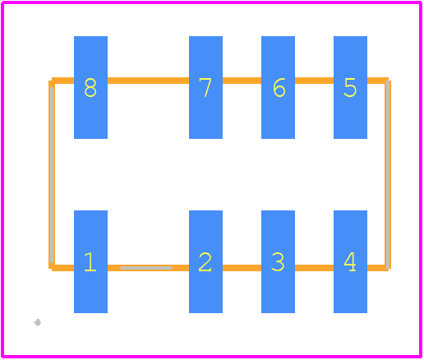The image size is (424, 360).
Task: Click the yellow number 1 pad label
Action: pos(90,262)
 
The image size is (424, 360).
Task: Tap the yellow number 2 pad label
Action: pos(205,262)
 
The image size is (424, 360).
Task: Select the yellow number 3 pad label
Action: pos(278,262)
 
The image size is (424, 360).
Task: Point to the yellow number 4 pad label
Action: pos(350,262)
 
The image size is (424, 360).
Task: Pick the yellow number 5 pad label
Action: pos(350,88)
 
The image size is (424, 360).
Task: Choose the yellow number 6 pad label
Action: pos(279,88)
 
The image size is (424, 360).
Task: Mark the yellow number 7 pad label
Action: pos(205,88)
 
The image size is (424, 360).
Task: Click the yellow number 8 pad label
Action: pos(90,88)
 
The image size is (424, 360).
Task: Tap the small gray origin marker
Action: pos(38,322)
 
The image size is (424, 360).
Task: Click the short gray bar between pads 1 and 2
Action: pos(146,268)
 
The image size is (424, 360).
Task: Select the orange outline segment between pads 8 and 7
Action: pos(148,81)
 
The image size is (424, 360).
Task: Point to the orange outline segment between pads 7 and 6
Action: pos(242,81)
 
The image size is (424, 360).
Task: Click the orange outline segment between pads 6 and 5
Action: pos(314,81)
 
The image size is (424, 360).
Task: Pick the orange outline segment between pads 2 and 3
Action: pos(242,268)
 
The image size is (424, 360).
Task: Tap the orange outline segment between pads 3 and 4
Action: pos(314,268)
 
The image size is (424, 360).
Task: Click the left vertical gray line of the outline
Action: pos(52,174)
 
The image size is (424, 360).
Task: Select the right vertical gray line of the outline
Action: pos(388,174)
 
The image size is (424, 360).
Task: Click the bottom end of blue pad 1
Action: pos(90,312)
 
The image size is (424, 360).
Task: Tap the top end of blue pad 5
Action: pos(350,36)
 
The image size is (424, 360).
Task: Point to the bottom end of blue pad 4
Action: pos(350,312)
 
